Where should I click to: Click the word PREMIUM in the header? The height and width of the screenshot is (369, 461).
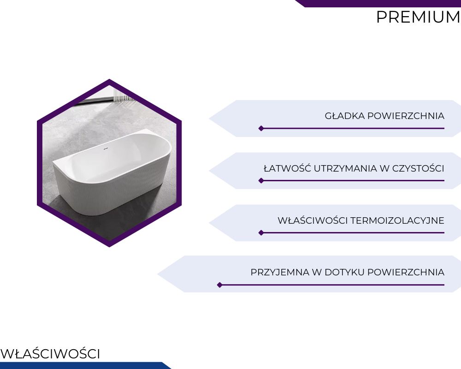(419, 17)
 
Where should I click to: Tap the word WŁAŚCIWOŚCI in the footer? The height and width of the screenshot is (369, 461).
(50, 354)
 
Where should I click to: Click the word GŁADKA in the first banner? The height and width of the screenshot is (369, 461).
(344, 116)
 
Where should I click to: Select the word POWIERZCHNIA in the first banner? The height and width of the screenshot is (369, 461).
(406, 116)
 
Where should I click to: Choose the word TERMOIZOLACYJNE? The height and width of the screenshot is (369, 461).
(397, 220)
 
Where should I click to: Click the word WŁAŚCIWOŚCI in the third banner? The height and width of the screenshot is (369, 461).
(313, 220)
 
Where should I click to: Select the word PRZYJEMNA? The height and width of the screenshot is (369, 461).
(280, 273)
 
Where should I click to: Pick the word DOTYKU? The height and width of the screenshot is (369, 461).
(344, 273)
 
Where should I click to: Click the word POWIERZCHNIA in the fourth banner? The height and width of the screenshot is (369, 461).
(406, 273)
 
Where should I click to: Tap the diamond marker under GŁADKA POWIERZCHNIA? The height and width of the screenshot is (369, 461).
(261, 128)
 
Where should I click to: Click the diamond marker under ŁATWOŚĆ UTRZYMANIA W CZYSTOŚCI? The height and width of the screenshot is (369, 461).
(261, 180)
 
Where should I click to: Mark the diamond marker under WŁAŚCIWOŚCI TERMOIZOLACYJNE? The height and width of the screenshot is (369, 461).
(261, 233)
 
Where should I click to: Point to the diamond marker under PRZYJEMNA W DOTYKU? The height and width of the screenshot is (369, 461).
(219, 285)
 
